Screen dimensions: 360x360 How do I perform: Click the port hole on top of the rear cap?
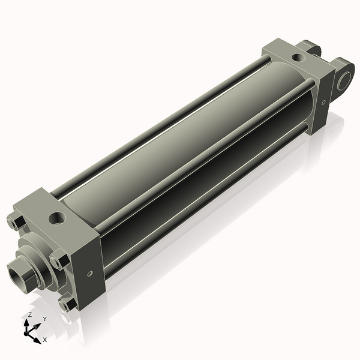click(297, 58)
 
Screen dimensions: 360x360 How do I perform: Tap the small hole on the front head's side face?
click(89, 274)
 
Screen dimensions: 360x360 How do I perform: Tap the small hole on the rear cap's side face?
click(324, 103)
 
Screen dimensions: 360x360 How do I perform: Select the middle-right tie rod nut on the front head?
click(56, 262)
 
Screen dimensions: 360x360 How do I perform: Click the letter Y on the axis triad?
click(44, 319)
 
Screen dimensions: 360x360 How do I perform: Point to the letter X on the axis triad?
click(45, 340)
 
